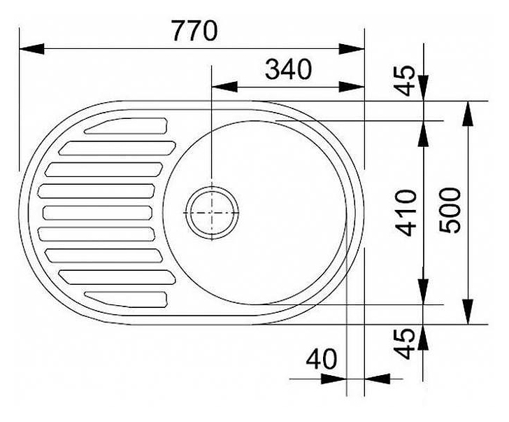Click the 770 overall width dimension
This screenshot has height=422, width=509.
(194, 31)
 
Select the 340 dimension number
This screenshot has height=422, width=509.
(288, 69)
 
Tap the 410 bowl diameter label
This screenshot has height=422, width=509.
(406, 213)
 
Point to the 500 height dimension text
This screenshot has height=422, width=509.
(450, 210)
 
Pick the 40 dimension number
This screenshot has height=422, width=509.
(322, 359)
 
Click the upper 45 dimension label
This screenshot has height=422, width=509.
(405, 80)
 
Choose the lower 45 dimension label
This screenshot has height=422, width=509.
(405, 344)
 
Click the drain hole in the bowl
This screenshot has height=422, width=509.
(212, 213)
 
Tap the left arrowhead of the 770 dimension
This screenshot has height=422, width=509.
(32, 49)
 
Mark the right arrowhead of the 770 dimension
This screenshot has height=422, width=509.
(352, 49)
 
